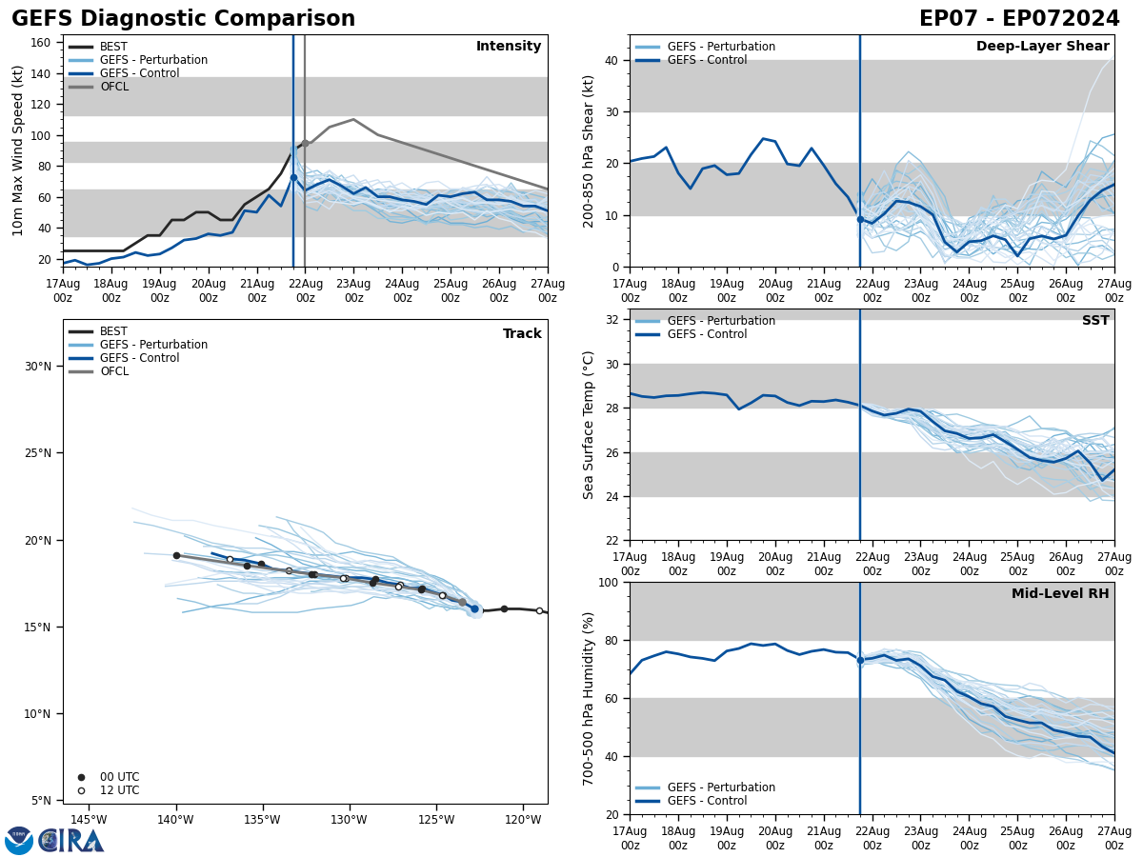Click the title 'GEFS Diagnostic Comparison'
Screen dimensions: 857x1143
pyautogui.click(x=183, y=19)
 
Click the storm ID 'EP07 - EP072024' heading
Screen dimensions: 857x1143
pyautogui.click(x=1019, y=19)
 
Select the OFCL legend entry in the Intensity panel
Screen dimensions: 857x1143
pyautogui.click(x=113, y=87)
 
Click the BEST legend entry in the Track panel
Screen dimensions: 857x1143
pyautogui.click(x=113, y=331)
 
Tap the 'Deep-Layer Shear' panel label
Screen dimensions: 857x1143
pyautogui.click(x=1042, y=47)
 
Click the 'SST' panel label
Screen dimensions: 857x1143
pyautogui.click(x=1095, y=321)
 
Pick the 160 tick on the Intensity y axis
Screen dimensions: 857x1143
pyautogui.click(x=42, y=43)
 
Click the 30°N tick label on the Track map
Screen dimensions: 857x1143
pyautogui.click(x=38, y=367)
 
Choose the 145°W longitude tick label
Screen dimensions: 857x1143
pyautogui.click(x=88, y=820)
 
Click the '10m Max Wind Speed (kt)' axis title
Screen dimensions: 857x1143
pyautogui.click(x=18, y=150)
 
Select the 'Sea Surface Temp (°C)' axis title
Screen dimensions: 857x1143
pyautogui.click(x=589, y=425)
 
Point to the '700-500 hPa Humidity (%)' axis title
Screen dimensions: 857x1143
pyautogui.click(x=589, y=698)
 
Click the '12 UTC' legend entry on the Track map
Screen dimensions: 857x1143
pyautogui.click(x=119, y=790)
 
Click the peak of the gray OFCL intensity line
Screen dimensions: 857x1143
pyautogui.click(x=353, y=120)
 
